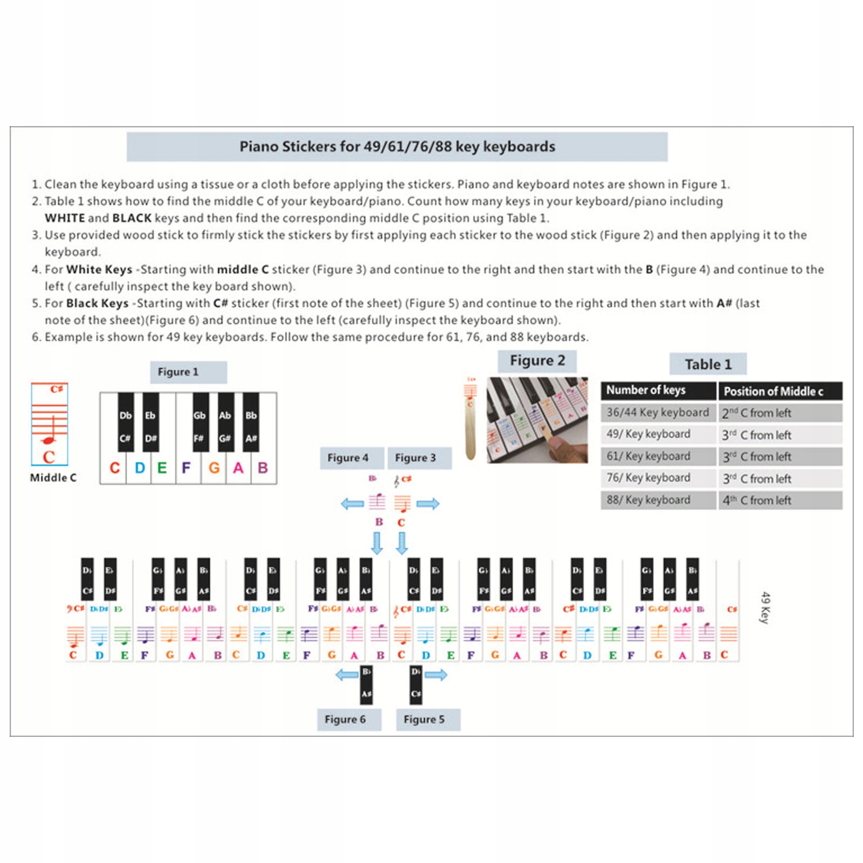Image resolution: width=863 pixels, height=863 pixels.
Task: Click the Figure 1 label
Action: [178, 372]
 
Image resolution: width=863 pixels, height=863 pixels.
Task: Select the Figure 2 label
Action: [537, 361]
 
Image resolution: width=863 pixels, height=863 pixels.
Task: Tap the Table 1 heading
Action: [708, 364]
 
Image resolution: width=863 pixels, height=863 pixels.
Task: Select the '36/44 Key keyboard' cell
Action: [657, 412]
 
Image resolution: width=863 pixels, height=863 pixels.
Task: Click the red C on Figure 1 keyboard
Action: [114, 468]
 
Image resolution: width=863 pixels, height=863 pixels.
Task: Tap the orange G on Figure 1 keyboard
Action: [214, 468]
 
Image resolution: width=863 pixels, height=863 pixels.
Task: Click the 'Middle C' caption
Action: [53, 478]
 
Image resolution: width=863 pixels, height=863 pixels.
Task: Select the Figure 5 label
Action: [424, 719]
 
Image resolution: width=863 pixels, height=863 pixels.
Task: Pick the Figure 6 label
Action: [345, 719]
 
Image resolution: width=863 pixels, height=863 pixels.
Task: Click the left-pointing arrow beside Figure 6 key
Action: [347, 674]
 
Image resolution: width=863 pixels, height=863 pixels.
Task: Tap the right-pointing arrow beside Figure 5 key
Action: [436, 674]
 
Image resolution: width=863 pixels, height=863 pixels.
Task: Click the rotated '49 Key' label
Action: [765, 607]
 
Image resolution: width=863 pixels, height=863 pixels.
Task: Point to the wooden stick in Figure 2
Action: [471, 420]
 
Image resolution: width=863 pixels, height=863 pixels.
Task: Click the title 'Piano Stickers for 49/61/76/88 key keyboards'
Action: [397, 147]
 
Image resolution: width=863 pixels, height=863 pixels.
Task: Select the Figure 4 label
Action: [348, 458]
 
